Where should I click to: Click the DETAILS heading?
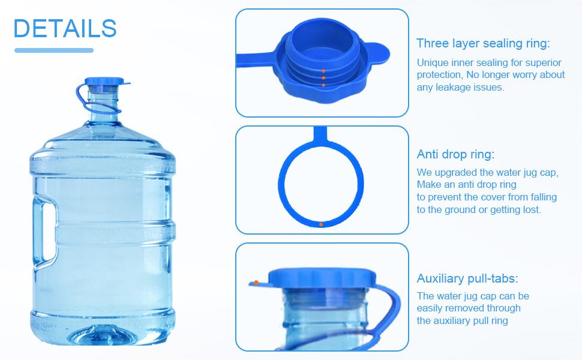[65, 28]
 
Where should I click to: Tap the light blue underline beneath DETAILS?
[54, 50]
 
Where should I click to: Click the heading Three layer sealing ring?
[483, 43]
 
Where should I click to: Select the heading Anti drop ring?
[455, 154]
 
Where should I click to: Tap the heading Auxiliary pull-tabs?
[467, 278]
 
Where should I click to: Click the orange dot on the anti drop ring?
[321, 224]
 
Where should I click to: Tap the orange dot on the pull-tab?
[256, 281]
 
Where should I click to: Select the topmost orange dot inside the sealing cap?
[323, 71]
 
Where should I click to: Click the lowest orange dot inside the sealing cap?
[323, 85]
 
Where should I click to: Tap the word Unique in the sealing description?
[432, 63]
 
